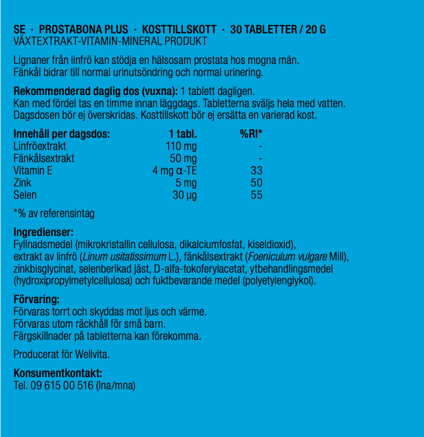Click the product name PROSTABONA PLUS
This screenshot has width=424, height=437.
point(83,29)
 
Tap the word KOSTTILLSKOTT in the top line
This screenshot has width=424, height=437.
point(178,29)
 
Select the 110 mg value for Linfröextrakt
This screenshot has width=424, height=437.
point(181,146)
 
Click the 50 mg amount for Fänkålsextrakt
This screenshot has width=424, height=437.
point(183,158)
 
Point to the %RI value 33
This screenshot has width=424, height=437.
point(256,170)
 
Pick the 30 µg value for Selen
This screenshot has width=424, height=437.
point(184,195)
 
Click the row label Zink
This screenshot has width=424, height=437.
point(22,183)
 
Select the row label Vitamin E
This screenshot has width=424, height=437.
point(33,170)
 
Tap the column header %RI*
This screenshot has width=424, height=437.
point(251,134)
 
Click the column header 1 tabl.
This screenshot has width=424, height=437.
point(183,134)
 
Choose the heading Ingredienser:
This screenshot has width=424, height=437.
point(43,232)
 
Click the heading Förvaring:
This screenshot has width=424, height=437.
point(36,300)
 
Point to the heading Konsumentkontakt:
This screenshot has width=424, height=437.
point(58,373)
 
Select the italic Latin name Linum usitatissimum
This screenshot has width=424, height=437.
point(124,257)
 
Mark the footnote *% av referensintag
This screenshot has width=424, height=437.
point(54,213)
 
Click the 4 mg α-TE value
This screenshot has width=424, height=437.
point(175,170)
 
